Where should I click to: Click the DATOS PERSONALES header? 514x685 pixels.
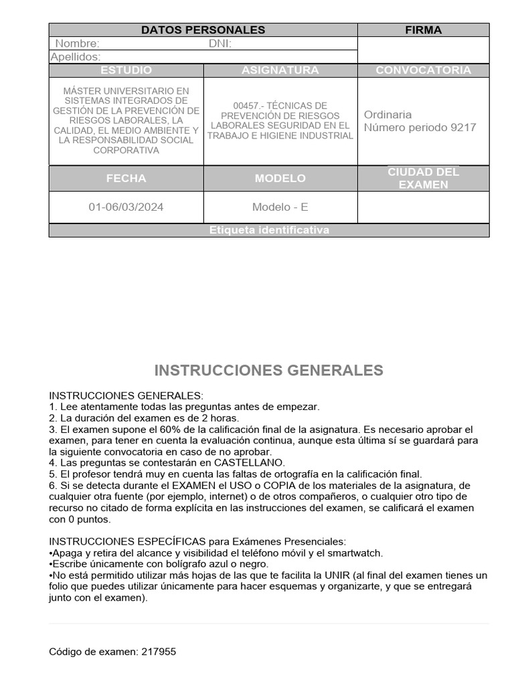point(203,30)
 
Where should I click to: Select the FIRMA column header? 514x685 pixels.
point(423,30)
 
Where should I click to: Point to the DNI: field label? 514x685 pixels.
point(220,44)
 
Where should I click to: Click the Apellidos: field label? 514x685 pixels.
point(76,58)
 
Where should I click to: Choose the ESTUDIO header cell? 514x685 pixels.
point(126,70)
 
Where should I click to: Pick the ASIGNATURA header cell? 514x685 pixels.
point(280,70)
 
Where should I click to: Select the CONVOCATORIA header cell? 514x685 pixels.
point(423,70)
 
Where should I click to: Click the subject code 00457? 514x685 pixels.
point(246,106)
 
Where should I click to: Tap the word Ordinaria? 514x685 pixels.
point(388,114)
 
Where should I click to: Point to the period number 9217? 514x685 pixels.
point(463,127)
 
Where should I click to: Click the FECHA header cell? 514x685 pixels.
point(126,178)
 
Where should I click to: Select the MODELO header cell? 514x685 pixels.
point(280,178)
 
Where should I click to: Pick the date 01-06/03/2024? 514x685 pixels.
point(126,207)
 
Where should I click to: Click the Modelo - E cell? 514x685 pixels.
point(280,207)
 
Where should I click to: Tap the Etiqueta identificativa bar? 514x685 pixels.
point(269,230)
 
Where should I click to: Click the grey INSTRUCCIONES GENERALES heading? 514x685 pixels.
point(269,371)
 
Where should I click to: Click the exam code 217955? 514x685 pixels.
point(159,652)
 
